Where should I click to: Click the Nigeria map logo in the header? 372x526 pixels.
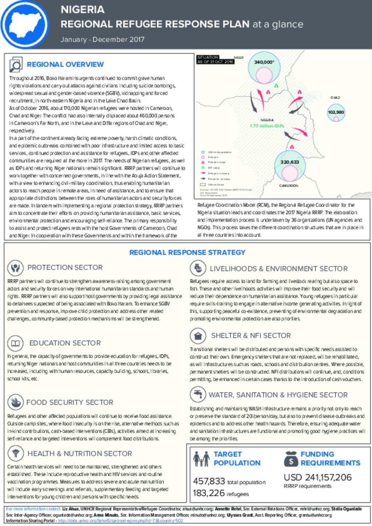[x=25, y=25]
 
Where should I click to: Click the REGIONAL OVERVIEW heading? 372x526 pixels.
[x=65, y=65]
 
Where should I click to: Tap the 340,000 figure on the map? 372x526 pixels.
[x=264, y=62]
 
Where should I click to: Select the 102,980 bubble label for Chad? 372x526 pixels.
[x=336, y=112]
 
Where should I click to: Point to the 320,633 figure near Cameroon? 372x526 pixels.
[x=290, y=162]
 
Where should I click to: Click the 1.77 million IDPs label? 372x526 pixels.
[x=267, y=126]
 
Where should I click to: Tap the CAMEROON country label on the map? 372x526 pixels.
[x=288, y=185]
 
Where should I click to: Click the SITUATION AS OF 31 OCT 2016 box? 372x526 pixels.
[x=215, y=60]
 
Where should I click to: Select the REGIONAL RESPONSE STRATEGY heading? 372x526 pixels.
[x=187, y=252]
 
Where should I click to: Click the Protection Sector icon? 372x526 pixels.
[x=15, y=268]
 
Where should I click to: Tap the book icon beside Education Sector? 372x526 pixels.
[x=15, y=343]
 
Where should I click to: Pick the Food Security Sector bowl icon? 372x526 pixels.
[x=15, y=402]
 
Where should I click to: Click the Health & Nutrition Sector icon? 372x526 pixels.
[x=15, y=453]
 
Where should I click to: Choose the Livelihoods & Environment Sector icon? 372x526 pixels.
[x=198, y=268]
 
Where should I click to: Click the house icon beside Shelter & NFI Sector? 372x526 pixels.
[x=198, y=335]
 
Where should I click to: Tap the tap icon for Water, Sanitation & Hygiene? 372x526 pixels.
[x=198, y=394]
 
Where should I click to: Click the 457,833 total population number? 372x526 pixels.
[x=209, y=481]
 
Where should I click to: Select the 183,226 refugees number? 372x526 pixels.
[x=209, y=493]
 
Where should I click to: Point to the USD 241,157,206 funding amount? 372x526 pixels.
[x=318, y=477]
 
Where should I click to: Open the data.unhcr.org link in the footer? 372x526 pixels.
[x=120, y=521]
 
